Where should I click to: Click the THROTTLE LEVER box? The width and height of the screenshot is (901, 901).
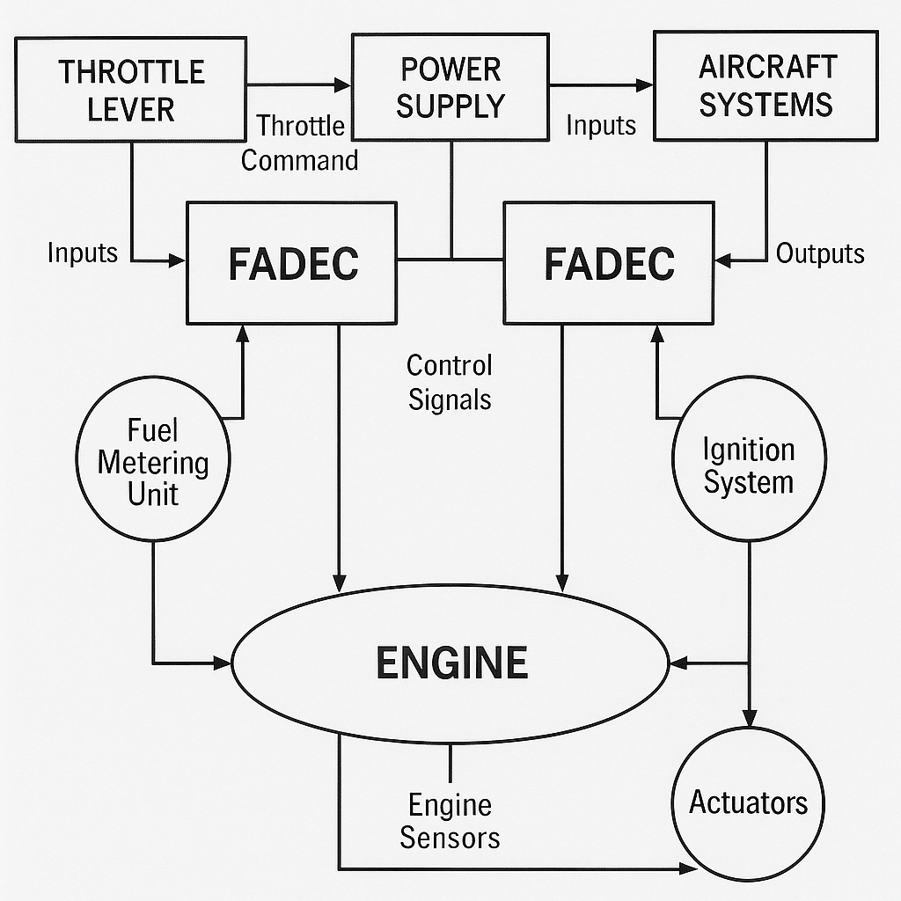(132, 89)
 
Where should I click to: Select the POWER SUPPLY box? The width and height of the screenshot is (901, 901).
(450, 86)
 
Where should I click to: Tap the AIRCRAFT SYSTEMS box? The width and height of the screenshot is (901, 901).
(765, 84)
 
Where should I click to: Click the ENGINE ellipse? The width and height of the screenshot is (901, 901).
(451, 663)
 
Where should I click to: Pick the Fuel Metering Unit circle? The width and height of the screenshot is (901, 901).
(153, 458)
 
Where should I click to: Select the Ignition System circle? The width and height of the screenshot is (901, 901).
(749, 459)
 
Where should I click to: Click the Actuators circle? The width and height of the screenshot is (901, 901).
(749, 802)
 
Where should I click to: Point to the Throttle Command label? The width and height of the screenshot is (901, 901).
(300, 143)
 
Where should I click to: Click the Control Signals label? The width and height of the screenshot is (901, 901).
(450, 382)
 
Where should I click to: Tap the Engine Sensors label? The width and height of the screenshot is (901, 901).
(450, 820)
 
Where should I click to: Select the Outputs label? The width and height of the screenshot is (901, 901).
(819, 254)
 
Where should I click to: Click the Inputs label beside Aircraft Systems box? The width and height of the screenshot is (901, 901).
(601, 126)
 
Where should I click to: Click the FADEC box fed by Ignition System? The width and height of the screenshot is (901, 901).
(609, 262)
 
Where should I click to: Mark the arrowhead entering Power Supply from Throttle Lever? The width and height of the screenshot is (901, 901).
(343, 85)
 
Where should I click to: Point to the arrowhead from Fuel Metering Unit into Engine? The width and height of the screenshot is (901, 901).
(223, 663)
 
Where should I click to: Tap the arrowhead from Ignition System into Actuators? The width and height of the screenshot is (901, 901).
(749, 719)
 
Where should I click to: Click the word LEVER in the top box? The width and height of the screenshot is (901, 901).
(132, 110)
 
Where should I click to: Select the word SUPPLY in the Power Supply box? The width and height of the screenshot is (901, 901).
(450, 106)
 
